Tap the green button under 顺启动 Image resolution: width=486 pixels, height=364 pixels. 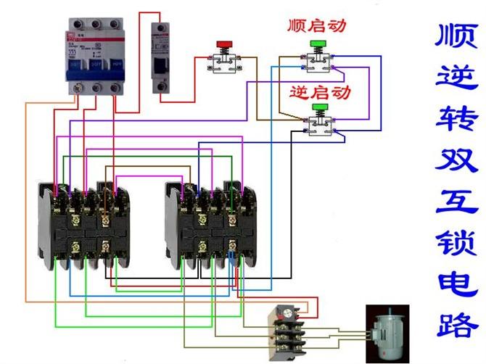tap(316, 44)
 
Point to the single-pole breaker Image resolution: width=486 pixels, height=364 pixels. tap(160, 58)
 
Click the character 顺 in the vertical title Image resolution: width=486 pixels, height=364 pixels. tap(457, 36)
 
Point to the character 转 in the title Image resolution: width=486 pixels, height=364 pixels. tap(457, 117)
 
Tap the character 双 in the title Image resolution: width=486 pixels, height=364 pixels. tap(457, 160)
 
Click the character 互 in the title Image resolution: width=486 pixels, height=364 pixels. tap(457, 202)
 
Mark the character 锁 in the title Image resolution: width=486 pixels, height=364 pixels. tap(457, 244)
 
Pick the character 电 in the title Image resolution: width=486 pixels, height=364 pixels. tap(457, 284)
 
